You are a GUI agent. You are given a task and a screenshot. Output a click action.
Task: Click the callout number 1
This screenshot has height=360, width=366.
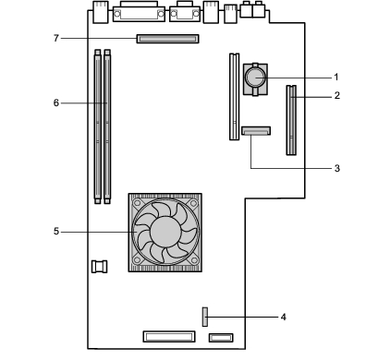[x=336, y=77]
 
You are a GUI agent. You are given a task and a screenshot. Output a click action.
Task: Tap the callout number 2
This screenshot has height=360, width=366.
[x=337, y=95]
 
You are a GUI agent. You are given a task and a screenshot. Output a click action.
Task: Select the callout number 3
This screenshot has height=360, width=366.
[x=337, y=168]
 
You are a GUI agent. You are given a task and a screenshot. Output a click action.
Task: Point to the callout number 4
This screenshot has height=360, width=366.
[x=284, y=317]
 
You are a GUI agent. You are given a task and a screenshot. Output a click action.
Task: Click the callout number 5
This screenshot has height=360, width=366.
[x=56, y=231]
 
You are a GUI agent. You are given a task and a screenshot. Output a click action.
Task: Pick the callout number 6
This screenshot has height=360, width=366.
[x=56, y=102]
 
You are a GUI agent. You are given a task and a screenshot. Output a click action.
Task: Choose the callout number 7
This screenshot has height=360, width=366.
[x=56, y=38]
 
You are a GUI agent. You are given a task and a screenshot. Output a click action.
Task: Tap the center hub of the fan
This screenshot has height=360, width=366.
[x=165, y=232]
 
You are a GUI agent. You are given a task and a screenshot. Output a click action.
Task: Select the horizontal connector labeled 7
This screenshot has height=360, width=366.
[x=167, y=39]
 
